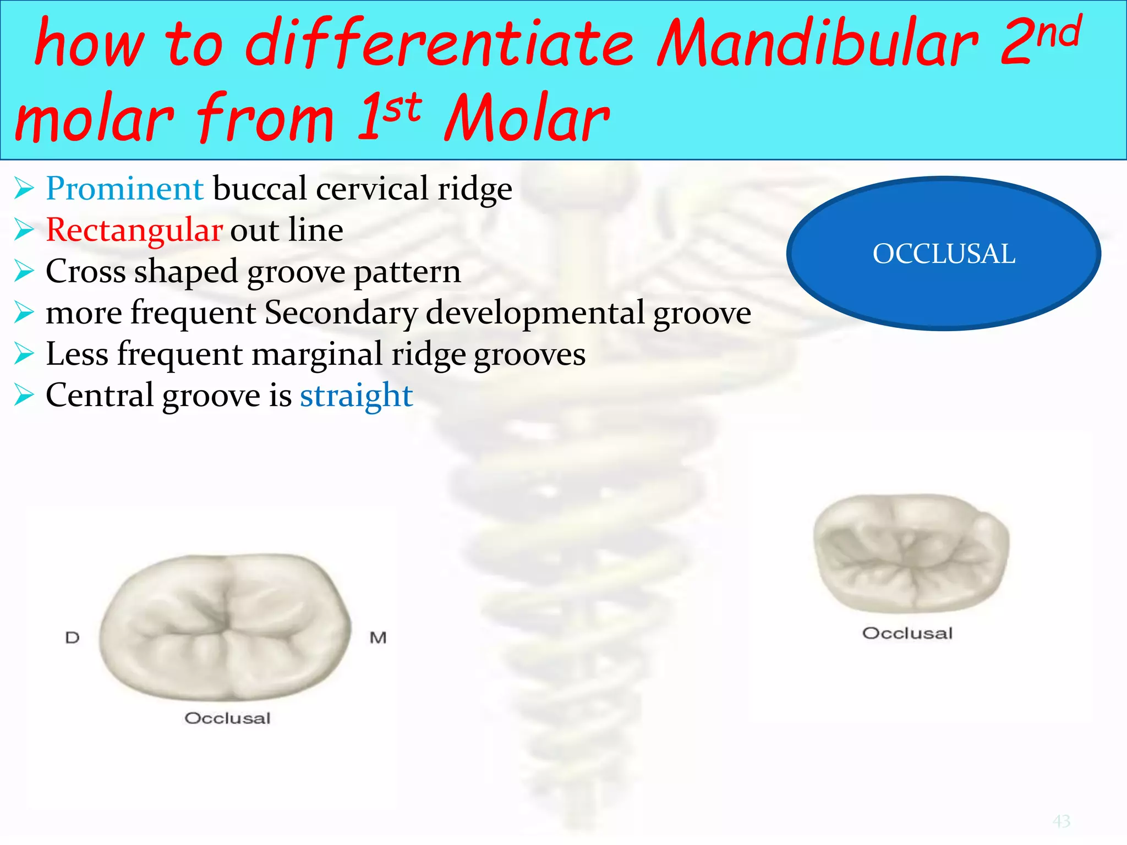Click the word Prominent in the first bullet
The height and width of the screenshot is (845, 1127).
click(125, 189)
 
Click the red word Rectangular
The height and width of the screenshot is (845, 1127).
click(134, 230)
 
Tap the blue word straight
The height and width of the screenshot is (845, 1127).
click(356, 396)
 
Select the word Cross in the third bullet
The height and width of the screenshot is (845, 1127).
click(85, 272)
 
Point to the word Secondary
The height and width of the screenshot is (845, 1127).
click(341, 313)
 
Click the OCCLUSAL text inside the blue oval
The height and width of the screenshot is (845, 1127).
click(944, 254)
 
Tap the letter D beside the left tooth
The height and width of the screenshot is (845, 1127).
click(72, 638)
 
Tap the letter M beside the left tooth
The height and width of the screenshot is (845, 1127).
click(378, 638)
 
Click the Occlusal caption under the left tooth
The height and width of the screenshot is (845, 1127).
click(227, 718)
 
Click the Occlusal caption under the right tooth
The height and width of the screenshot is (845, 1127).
click(907, 633)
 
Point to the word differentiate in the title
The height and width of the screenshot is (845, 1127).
click(439, 44)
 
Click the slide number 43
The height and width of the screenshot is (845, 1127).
click(1062, 821)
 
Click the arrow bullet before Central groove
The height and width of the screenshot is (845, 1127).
click(24, 396)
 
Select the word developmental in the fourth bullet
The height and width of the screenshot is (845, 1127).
click(535, 313)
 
